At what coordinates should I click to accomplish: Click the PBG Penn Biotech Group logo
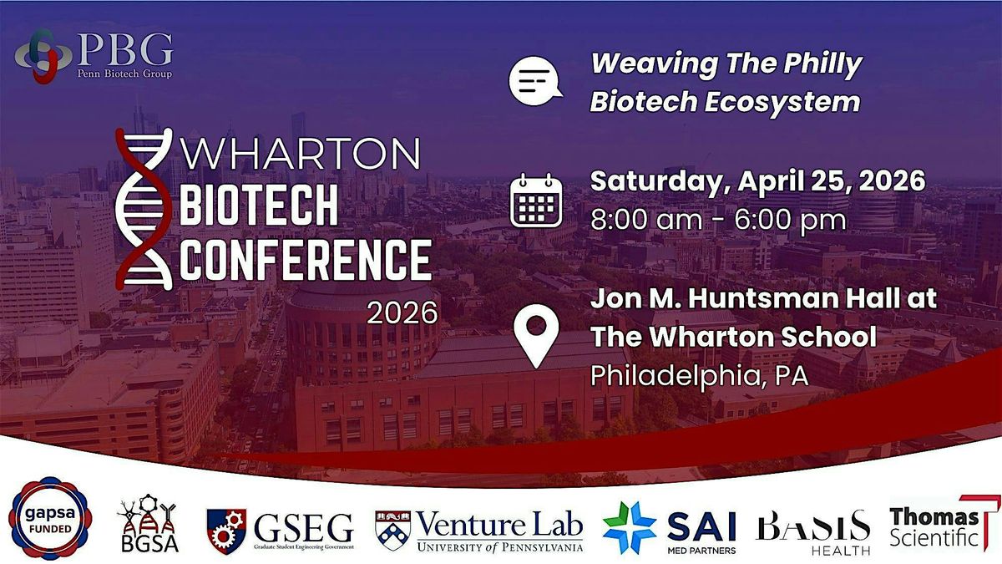point(94,57)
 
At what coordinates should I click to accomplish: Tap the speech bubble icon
point(535,81)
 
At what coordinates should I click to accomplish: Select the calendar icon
point(536,201)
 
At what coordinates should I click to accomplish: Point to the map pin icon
point(536,336)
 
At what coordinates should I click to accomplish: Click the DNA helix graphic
point(144,209)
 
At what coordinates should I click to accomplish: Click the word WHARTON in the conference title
point(300,154)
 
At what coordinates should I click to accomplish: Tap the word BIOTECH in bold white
point(259,206)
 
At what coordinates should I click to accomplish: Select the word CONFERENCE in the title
point(306,259)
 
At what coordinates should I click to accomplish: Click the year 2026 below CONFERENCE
point(402,312)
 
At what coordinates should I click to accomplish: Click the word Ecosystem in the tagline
point(782,102)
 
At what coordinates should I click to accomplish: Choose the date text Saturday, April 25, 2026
point(758,180)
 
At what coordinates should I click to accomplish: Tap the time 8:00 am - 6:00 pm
point(718,220)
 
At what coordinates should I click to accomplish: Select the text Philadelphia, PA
point(700,376)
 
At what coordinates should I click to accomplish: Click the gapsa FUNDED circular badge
point(50,519)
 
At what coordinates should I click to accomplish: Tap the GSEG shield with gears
point(226,531)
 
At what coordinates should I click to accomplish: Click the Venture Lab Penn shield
point(392,531)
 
